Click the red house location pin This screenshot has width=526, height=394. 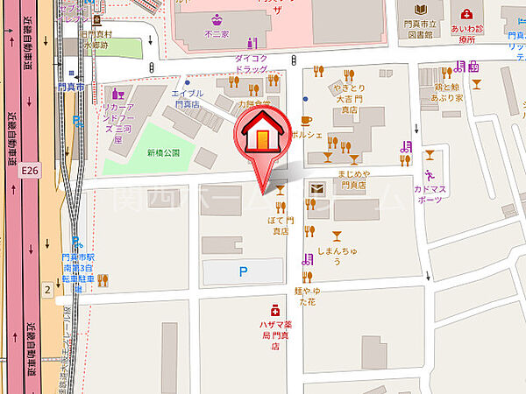click(x=262, y=140)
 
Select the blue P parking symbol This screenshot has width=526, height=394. click(x=243, y=272)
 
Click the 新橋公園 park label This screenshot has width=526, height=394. click(x=163, y=152)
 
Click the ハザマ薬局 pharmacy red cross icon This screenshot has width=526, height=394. click(x=274, y=310)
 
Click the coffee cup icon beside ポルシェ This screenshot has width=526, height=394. click(x=306, y=120)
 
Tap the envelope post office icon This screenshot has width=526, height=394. click(x=317, y=187)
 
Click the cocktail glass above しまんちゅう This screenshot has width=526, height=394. click(x=337, y=236)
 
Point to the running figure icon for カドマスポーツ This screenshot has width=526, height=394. click(x=430, y=156)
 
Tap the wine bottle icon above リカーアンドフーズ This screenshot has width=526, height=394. click(x=114, y=90)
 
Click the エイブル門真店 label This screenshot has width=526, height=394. click(x=188, y=99)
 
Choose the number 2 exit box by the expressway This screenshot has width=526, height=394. click(x=46, y=288)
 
